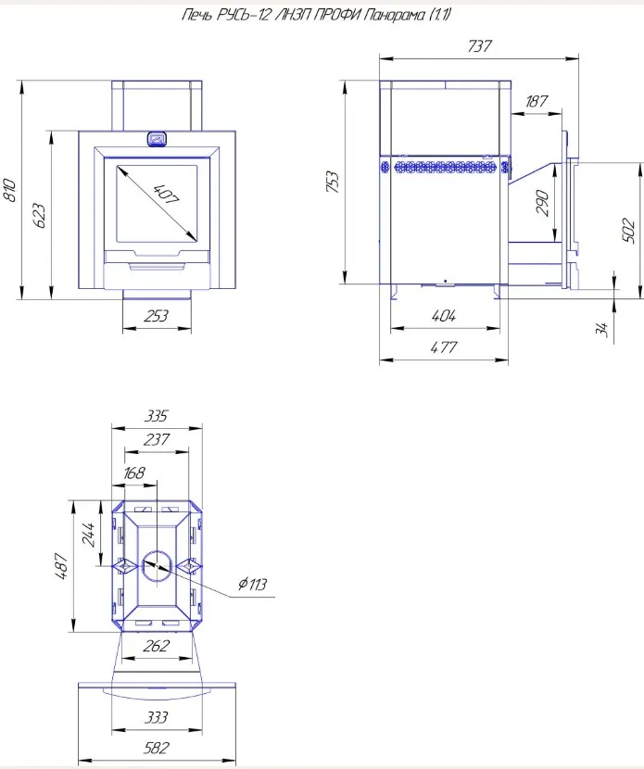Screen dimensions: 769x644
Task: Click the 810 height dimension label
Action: pyautogui.click(x=10, y=190)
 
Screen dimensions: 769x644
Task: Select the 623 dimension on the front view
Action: pyautogui.click(x=38, y=215)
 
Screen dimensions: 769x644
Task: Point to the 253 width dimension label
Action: pyautogui.click(x=158, y=316)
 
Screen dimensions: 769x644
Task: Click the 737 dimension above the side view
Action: pyautogui.click(x=479, y=46)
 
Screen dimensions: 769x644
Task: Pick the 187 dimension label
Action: pyautogui.click(x=537, y=102)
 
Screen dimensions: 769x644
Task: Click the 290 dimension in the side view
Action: pyautogui.click(x=544, y=203)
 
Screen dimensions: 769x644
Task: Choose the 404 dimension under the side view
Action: pyautogui.click(x=444, y=316)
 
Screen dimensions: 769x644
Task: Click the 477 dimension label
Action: pyautogui.click(x=444, y=347)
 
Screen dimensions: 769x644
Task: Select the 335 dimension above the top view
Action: pyautogui.click(x=157, y=416)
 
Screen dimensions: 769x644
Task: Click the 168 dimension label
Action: pyautogui.click(x=134, y=473)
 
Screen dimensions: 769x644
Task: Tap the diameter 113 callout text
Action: pyautogui.click(x=251, y=584)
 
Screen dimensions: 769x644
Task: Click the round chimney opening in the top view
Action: pyautogui.click(x=157, y=564)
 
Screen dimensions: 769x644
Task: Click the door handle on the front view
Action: pyautogui.click(x=157, y=140)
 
